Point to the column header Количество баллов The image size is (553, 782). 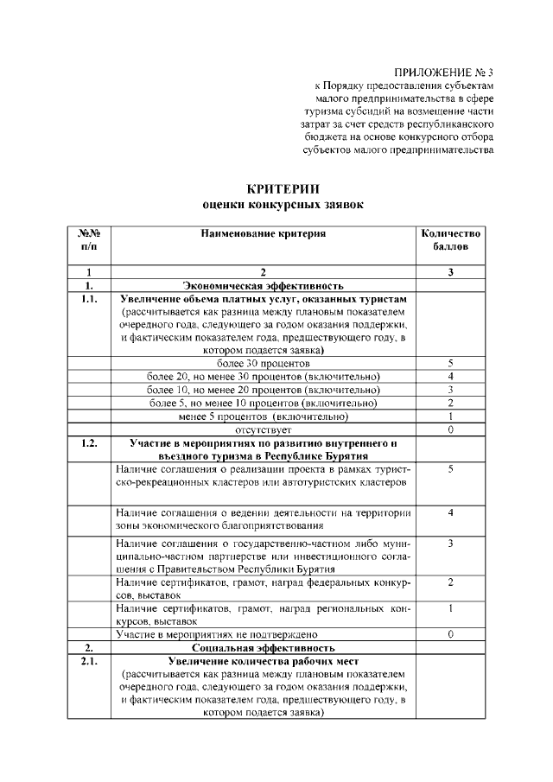click(x=450, y=240)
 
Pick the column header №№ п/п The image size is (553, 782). click(x=90, y=240)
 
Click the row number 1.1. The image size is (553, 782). click(x=90, y=299)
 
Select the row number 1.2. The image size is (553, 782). click(x=90, y=443)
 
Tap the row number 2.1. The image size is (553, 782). click(x=90, y=661)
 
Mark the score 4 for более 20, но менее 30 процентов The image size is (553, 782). click(x=450, y=377)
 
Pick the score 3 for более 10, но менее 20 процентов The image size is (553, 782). click(x=450, y=390)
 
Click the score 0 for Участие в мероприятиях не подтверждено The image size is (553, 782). click(x=450, y=634)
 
